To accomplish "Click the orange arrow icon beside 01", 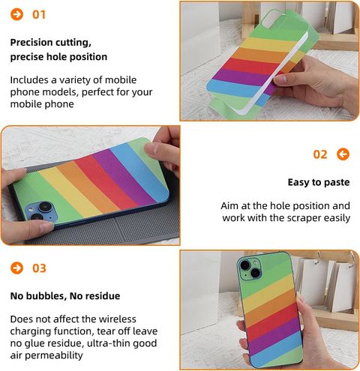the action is pyautogui.click(x=16, y=14).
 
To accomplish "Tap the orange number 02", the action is pyautogui.click(x=320, y=154).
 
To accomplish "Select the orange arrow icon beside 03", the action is pyautogui.click(x=16, y=268).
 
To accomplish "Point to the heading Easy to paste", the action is pyautogui.click(x=319, y=182).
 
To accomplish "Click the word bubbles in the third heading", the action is pyautogui.click(x=46, y=296).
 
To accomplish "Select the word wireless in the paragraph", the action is pyautogui.click(x=118, y=319).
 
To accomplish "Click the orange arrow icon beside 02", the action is pyautogui.click(x=343, y=154).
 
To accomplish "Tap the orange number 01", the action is pyautogui.click(x=39, y=14).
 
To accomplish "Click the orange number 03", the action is pyautogui.click(x=39, y=268).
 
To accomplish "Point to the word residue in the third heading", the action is pyautogui.click(x=104, y=296).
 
